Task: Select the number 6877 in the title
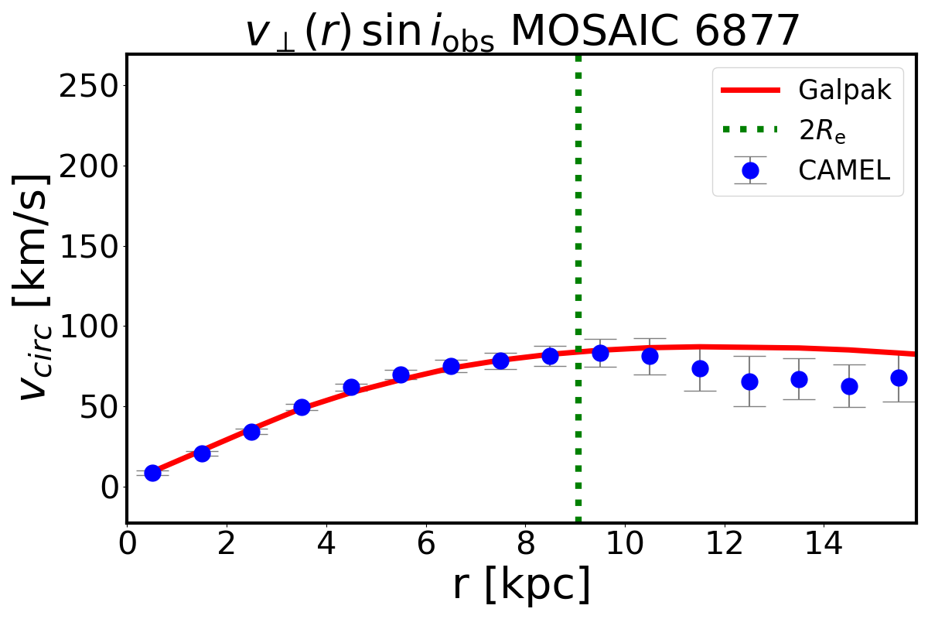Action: coord(745,32)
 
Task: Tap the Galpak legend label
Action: coord(845,91)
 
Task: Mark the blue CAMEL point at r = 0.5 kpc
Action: coord(152,473)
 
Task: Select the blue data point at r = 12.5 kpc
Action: coord(749,381)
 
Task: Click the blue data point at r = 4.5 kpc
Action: coord(351,387)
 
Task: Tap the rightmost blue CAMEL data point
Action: coord(899,378)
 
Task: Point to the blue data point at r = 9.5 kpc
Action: coord(600,353)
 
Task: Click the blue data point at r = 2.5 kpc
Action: coord(251,432)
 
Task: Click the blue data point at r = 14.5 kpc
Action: coord(849,386)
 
